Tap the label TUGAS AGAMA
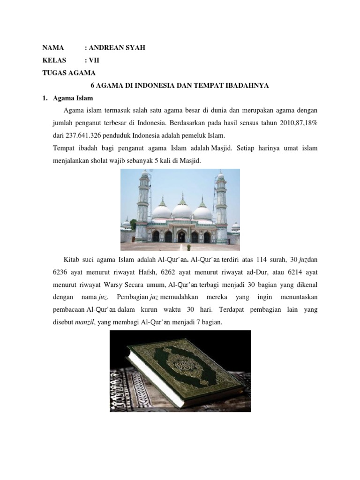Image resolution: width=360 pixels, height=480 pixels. click(x=69, y=73)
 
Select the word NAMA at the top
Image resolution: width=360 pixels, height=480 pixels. click(x=53, y=48)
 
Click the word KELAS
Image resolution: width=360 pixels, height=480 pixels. click(x=54, y=60)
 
